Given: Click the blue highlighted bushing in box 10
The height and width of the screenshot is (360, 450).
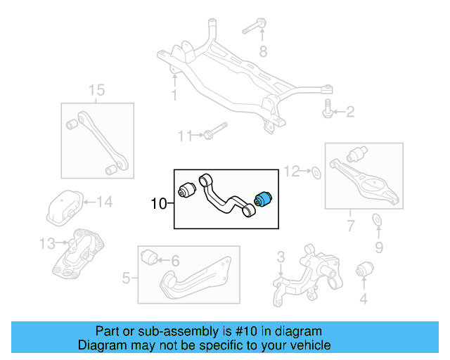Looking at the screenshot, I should click(x=267, y=198).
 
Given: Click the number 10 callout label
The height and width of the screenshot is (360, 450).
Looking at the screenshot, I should click(x=159, y=205).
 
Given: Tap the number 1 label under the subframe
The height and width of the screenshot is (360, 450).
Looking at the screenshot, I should click(x=174, y=96).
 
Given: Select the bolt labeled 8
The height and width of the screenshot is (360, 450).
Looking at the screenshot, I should click(x=254, y=29).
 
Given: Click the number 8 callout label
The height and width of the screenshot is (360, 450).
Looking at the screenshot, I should click(x=264, y=51).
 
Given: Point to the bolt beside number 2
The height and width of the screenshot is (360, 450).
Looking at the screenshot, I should click(x=328, y=110).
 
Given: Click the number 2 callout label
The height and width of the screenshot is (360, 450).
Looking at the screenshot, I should click(x=350, y=112).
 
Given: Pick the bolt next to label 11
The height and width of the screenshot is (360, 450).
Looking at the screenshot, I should click(x=214, y=134).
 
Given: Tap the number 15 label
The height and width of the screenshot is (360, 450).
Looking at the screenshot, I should click(x=97, y=90).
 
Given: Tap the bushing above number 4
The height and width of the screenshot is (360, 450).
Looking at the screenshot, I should click(x=364, y=269).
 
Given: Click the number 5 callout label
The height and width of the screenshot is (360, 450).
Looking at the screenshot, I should click(x=126, y=278).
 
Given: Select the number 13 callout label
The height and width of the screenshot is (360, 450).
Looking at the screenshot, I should click(x=46, y=243).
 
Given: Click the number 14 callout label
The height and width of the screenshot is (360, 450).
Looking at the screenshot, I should click(x=104, y=203).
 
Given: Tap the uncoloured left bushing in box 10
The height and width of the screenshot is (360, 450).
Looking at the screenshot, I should click(x=187, y=190).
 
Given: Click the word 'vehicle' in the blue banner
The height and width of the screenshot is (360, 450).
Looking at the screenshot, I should click(x=307, y=345).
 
